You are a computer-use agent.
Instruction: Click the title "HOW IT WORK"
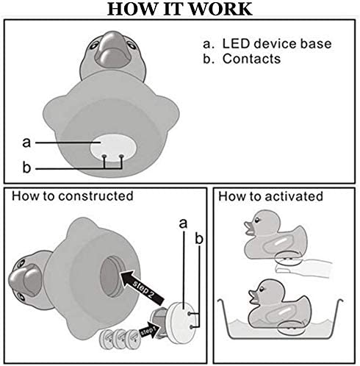tap(180, 9)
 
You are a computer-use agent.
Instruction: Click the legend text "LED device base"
tap(277, 44)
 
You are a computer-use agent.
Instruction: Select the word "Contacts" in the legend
tap(251, 59)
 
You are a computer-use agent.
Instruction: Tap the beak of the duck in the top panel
tap(112, 49)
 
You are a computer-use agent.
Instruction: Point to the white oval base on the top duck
tap(113, 148)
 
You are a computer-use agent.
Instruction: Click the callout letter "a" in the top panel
tap(26, 143)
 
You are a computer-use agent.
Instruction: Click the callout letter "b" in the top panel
tap(26, 167)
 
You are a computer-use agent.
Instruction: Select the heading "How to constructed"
tap(73, 196)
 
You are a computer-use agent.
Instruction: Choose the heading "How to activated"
tap(270, 196)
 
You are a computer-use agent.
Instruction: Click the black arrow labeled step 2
tap(142, 287)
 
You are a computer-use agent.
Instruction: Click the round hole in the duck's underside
tap(112, 276)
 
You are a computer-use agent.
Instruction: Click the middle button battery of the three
tap(120, 339)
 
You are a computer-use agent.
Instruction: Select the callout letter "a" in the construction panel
tap(183, 223)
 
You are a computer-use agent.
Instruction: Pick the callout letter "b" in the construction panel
tap(199, 238)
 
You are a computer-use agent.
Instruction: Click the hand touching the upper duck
tap(303, 268)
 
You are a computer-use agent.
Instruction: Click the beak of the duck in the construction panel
tap(24, 280)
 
